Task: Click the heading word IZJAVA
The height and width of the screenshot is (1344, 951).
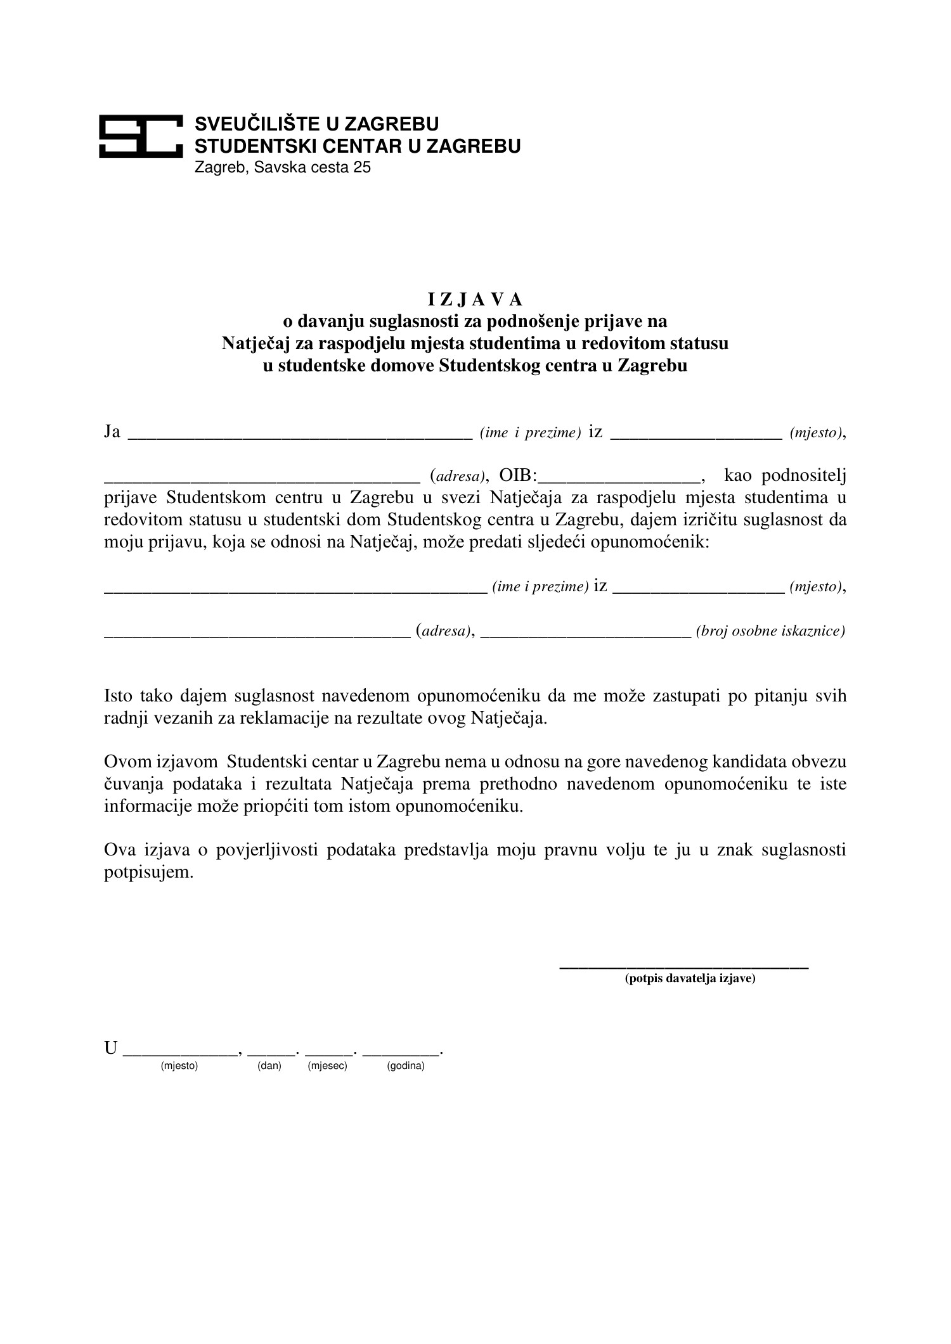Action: coord(475,298)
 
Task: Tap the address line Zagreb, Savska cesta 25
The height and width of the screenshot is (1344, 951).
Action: coord(282,168)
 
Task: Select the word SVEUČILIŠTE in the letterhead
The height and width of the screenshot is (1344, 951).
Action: coord(252,124)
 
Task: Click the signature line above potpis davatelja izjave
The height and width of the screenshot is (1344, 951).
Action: coord(683,967)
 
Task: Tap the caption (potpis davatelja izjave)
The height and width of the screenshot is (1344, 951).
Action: coord(690,978)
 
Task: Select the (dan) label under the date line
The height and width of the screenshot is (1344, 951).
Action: coord(269,1066)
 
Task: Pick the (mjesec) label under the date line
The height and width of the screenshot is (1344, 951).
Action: coord(327,1066)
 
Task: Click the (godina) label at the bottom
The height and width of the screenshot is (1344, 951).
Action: coord(405,1066)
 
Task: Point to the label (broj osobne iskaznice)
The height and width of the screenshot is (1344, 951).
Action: coord(770,631)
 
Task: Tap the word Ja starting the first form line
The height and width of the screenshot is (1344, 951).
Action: coord(112,432)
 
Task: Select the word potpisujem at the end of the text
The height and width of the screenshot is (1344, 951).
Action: coord(147,873)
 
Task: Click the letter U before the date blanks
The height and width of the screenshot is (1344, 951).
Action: coord(111,1049)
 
